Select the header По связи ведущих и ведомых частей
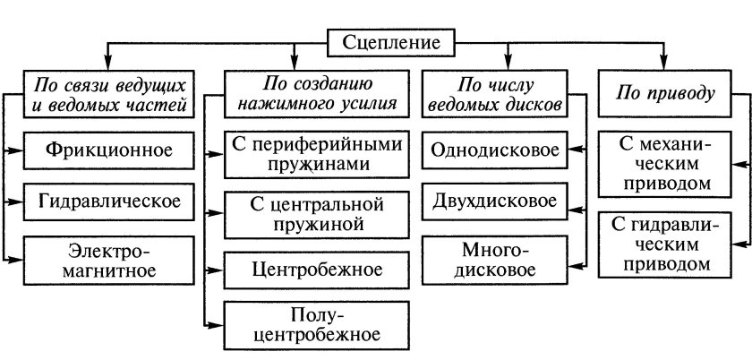(x=109, y=95)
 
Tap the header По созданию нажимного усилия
(x=312, y=95)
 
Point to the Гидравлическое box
(x=109, y=201)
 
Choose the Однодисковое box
(x=497, y=149)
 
